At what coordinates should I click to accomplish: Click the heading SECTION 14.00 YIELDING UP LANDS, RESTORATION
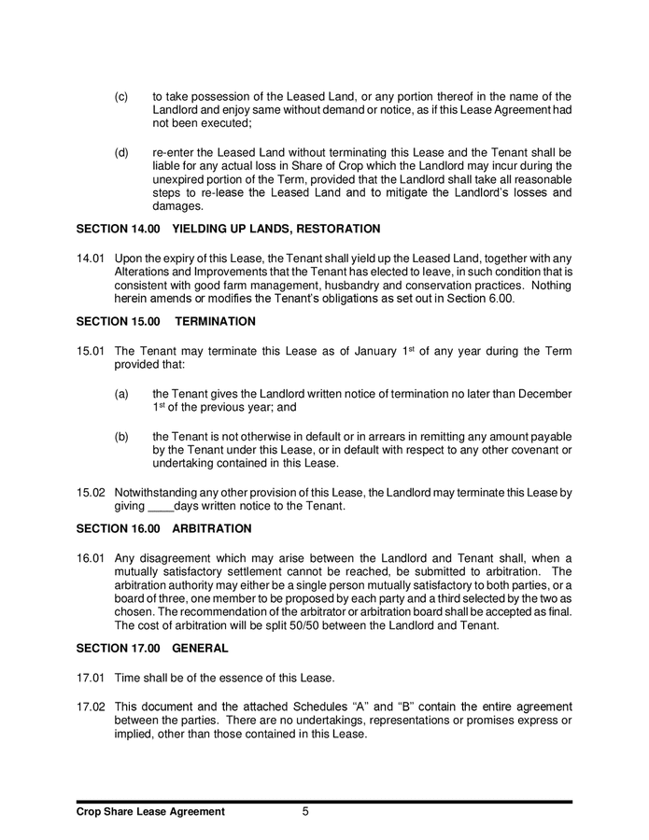pos(229,228)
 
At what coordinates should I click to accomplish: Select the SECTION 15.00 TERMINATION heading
pos(166,320)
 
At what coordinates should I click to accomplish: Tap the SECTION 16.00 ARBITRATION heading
pos(164,528)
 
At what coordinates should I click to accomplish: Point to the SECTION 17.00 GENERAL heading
pos(152,647)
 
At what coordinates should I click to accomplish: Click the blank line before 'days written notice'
pos(162,506)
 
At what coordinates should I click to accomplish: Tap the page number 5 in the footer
pos(305,812)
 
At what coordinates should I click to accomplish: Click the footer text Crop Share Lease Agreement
pos(150,812)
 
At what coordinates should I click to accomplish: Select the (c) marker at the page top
pos(121,96)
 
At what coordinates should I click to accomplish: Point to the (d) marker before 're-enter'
pos(121,151)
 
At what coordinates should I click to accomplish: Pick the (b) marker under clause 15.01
pos(121,436)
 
